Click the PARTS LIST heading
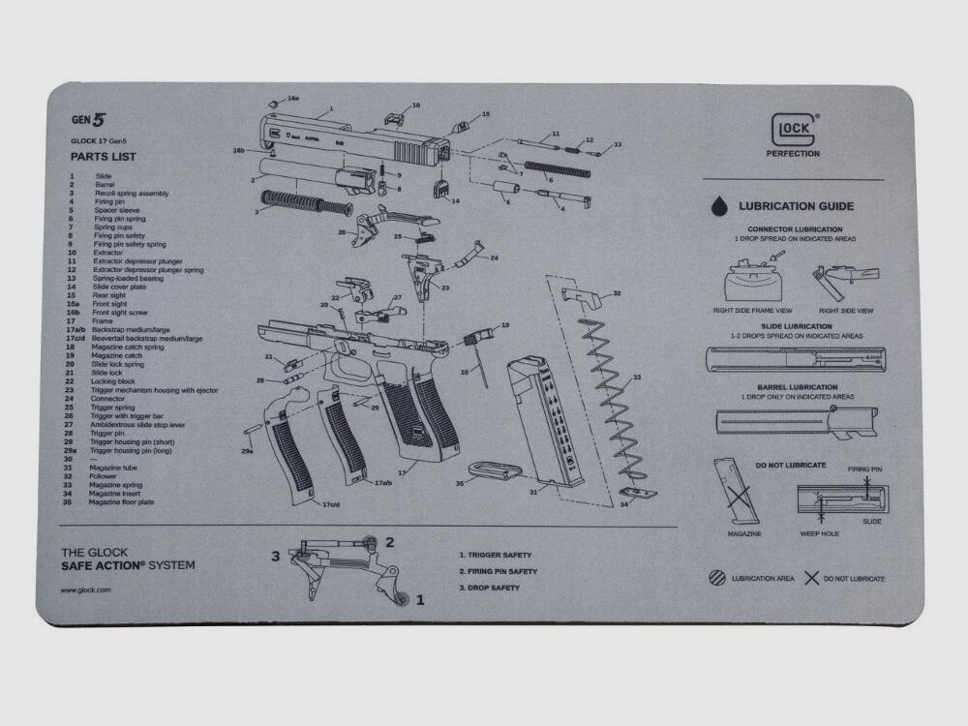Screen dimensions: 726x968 pyautogui.click(x=103, y=156)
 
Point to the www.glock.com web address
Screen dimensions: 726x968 pyautogui.click(x=86, y=589)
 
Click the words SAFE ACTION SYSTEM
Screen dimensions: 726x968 pyautogui.click(x=128, y=565)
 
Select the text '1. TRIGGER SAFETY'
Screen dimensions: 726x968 pyautogui.click(x=495, y=556)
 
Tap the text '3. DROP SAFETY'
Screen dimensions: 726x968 pyautogui.click(x=489, y=588)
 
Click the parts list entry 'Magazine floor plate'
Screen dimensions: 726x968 pyautogui.click(x=121, y=502)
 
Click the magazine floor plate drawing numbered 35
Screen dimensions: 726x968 pyautogui.click(x=501, y=472)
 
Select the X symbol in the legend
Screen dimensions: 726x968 pyautogui.click(x=811, y=578)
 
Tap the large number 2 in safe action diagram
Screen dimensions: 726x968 pyautogui.click(x=389, y=542)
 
